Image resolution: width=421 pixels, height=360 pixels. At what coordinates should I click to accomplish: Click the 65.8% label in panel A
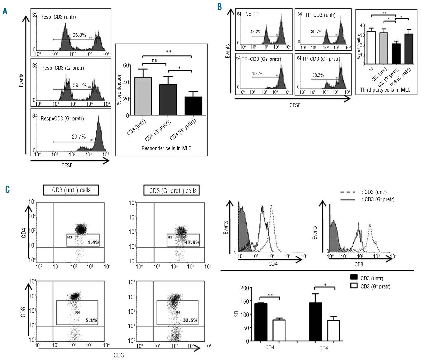coord(79,35)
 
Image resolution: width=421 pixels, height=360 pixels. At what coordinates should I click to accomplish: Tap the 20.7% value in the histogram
coord(79,137)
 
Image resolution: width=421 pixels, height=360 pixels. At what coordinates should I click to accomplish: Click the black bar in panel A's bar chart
coord(193,106)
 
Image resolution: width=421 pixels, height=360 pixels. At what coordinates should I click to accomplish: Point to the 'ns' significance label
coord(154,60)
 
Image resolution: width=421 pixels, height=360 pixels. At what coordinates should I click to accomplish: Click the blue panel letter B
coord(220,7)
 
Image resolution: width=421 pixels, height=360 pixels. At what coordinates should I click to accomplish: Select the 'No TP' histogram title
coord(252,14)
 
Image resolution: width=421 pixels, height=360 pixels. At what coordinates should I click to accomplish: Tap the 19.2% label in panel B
coord(258,74)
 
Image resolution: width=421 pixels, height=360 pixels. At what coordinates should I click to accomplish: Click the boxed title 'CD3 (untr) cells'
coord(71,190)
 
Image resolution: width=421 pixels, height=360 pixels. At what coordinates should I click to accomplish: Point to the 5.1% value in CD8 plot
coord(91,320)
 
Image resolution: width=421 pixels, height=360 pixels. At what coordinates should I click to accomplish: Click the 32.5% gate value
coord(190,320)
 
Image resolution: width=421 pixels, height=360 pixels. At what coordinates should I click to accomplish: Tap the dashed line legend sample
coord(348,192)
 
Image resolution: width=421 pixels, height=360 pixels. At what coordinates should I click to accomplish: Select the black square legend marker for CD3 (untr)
coord(354,277)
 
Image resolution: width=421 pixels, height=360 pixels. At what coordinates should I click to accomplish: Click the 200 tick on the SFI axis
coord(245,288)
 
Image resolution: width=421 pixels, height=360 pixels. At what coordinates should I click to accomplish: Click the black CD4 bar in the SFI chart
coord(261,322)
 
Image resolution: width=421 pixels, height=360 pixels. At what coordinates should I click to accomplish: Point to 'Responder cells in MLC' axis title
coord(166,148)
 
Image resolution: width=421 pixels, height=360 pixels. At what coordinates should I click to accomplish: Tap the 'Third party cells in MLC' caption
coord(385,90)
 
